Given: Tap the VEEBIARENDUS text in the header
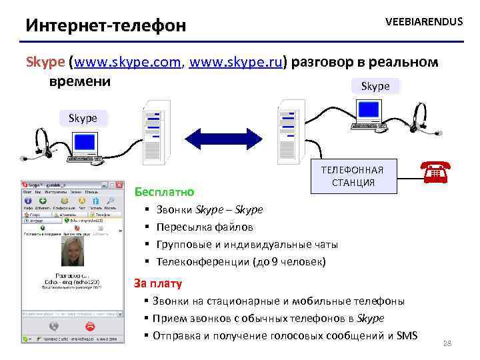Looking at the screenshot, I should pyautogui.click(x=423, y=22).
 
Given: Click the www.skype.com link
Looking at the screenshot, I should pyautogui.click(x=129, y=63).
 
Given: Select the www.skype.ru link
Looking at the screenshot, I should pyautogui.click(x=237, y=63).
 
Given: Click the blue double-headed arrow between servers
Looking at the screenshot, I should pyautogui.click(x=220, y=138).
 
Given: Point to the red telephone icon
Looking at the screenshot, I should pyautogui.click(x=433, y=172).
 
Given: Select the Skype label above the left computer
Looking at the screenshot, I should pyautogui.click(x=83, y=118).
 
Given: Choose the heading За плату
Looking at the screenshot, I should pyautogui.click(x=158, y=283).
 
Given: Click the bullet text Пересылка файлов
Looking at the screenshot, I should pyautogui.click(x=205, y=227).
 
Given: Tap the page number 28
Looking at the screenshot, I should pyautogui.click(x=447, y=343).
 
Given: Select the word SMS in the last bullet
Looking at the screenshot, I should pyautogui.click(x=407, y=335).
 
